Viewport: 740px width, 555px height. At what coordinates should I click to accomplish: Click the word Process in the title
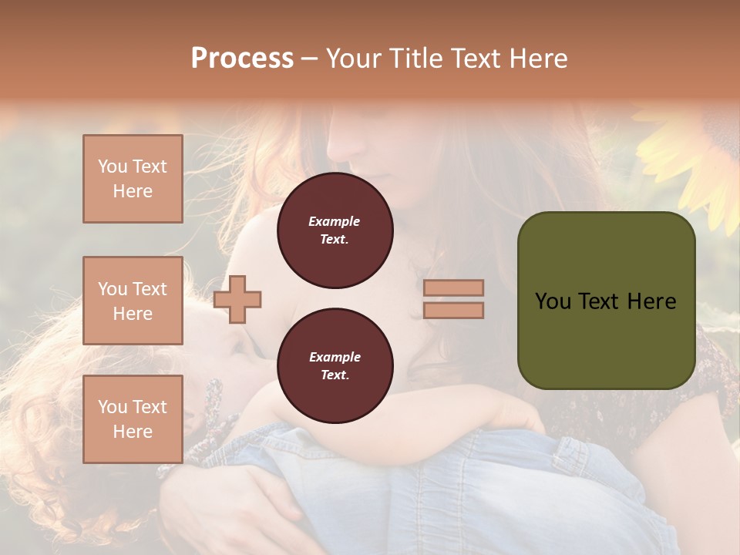[242, 59]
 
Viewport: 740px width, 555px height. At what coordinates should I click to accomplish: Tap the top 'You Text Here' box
[133, 179]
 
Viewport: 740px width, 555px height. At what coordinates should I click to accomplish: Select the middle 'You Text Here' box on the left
[133, 301]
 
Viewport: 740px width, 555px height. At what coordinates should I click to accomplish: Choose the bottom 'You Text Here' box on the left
[133, 419]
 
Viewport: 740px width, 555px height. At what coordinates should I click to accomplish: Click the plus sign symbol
[237, 300]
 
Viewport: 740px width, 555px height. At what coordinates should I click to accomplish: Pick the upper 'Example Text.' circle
[335, 230]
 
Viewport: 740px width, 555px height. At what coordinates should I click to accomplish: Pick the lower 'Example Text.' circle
[335, 366]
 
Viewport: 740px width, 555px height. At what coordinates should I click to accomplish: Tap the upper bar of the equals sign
[453, 288]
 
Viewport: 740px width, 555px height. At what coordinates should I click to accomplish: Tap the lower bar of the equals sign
[453, 310]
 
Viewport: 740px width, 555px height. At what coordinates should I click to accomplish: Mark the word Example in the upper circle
[335, 221]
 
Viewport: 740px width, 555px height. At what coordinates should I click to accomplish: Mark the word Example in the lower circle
[335, 357]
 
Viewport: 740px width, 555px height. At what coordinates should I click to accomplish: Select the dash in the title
[309, 59]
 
